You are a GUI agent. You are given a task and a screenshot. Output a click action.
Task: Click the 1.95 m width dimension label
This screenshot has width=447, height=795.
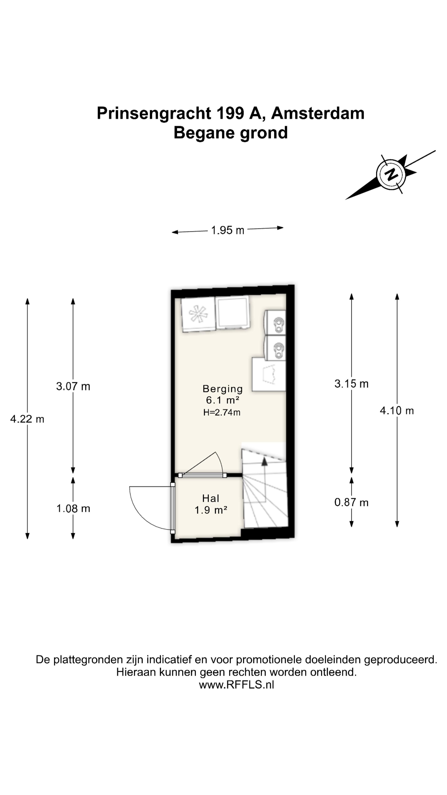click(x=227, y=230)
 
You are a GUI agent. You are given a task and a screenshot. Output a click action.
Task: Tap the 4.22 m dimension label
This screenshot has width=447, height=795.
click(x=27, y=419)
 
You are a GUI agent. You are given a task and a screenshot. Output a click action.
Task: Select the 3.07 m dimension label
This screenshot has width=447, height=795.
click(x=73, y=386)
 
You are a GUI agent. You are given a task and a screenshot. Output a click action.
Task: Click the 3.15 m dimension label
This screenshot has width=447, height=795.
click(x=351, y=384)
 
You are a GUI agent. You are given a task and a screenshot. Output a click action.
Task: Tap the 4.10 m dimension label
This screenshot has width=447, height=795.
click(x=397, y=411)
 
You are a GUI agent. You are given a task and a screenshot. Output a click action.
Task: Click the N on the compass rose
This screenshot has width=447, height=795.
click(x=391, y=175)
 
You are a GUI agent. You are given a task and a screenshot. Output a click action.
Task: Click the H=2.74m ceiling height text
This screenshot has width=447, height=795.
click(x=222, y=413)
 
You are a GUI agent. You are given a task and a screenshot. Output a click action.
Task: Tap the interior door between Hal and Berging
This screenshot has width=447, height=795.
click(x=202, y=475)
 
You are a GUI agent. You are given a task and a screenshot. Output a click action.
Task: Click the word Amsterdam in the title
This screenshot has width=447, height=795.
click(x=318, y=113)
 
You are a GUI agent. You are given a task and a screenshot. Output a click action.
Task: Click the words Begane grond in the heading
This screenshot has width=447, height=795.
click(x=231, y=133)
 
